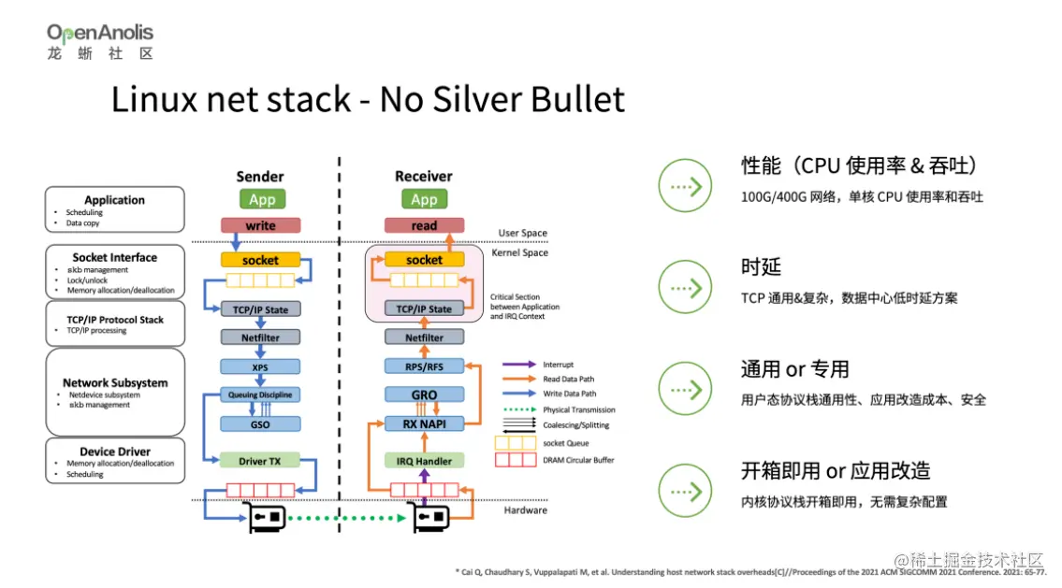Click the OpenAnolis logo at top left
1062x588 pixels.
click(x=100, y=41)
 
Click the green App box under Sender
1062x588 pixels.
click(x=262, y=199)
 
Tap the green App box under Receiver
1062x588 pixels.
click(x=424, y=199)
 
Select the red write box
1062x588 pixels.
click(x=261, y=225)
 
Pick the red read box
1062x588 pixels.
click(x=424, y=225)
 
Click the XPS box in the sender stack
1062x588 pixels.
click(x=260, y=367)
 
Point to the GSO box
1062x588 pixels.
click(x=260, y=424)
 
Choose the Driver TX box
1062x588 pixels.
click(x=260, y=461)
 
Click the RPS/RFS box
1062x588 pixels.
click(x=424, y=366)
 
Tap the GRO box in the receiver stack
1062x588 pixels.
click(x=424, y=395)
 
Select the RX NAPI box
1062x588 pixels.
click(x=424, y=424)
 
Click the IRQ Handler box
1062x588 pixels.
click(x=424, y=461)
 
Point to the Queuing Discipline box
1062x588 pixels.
click(x=260, y=395)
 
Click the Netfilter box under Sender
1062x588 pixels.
click(x=260, y=337)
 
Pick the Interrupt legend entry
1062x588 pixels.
click(x=558, y=365)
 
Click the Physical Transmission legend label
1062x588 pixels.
click(x=578, y=409)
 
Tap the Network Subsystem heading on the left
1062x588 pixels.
click(x=115, y=382)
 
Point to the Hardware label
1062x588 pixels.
click(x=525, y=510)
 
